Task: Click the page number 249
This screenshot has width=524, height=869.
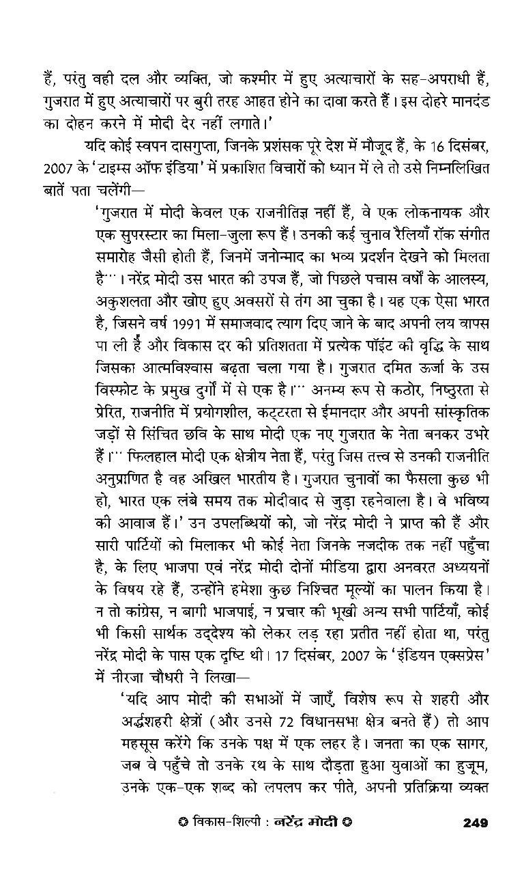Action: [x=474, y=823]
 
